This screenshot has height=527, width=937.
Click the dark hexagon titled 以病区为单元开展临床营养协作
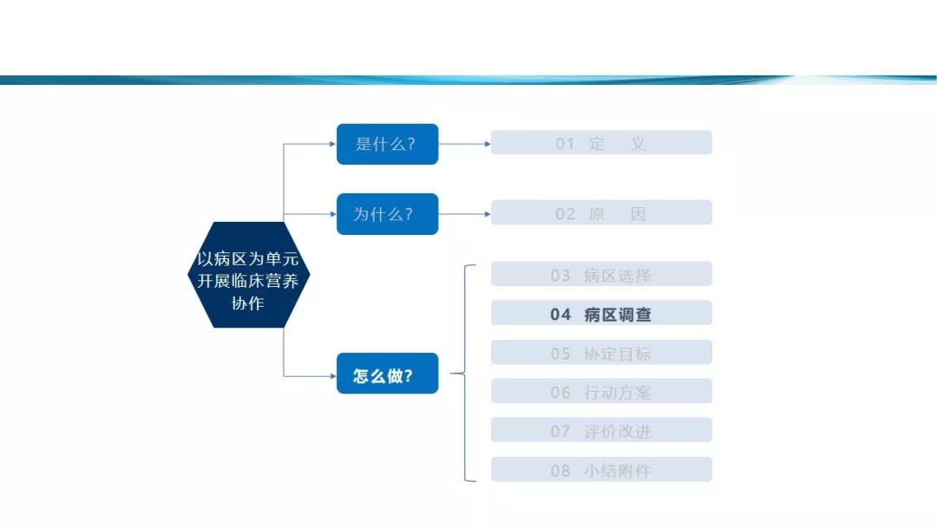249,275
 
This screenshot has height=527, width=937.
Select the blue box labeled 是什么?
387,144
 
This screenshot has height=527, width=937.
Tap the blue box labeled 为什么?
387,214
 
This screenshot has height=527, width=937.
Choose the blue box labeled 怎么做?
387,373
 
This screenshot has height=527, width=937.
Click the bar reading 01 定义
601,143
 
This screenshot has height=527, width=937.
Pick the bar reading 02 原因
601,212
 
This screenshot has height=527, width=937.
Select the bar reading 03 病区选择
601,274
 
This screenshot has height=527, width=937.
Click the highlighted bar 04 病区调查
601,313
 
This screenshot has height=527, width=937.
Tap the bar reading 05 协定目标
601,352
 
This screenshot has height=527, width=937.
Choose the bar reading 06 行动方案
601,391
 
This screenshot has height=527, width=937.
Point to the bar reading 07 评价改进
601,430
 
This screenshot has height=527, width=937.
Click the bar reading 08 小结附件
601,469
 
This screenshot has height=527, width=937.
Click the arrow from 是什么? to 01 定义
465,144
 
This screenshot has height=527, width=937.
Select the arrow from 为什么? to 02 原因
465,214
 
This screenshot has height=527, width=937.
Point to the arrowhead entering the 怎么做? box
333,376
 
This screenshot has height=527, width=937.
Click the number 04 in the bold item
560,315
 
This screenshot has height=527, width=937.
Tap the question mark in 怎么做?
409,376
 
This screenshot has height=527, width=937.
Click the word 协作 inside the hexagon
248,303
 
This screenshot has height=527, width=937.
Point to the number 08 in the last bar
560,471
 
